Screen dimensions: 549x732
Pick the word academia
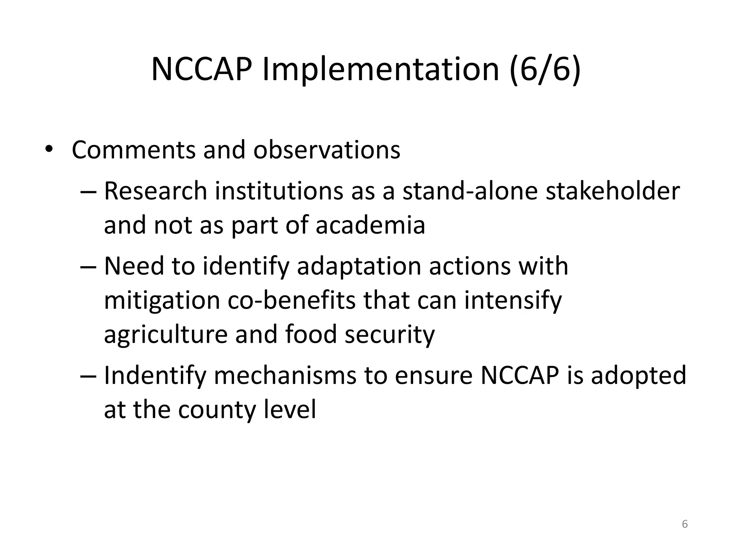coord(370,225)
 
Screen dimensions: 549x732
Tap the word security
coord(389,334)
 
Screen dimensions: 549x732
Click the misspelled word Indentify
coord(155,375)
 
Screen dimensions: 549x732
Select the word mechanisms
coord(285,375)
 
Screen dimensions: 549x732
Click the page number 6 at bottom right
coord(685,524)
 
